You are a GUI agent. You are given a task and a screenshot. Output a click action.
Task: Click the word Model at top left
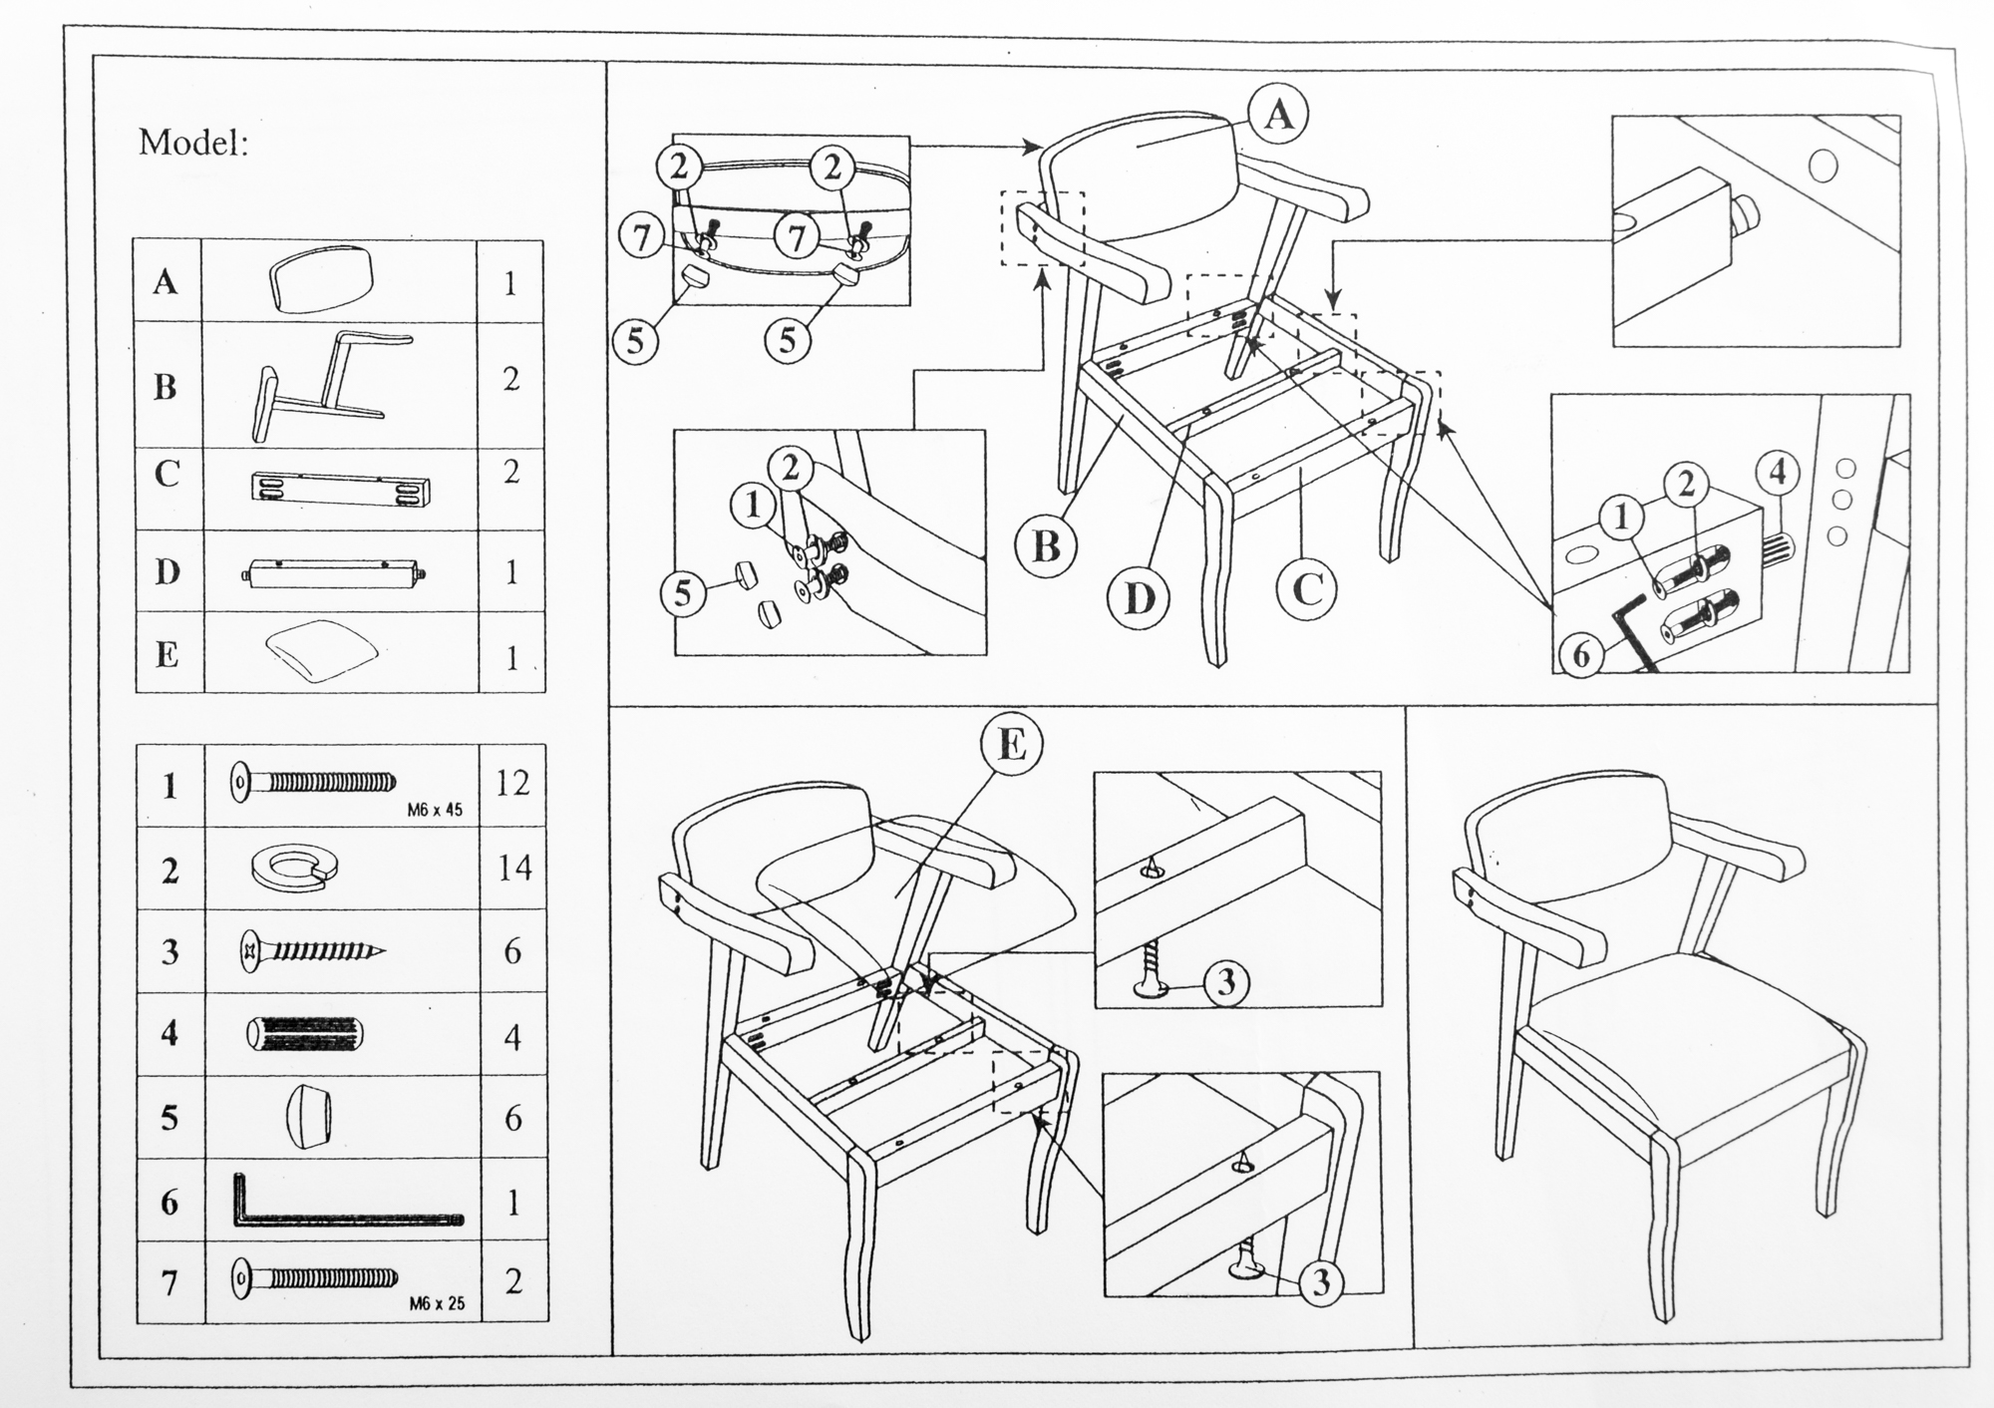pyautogui.click(x=191, y=143)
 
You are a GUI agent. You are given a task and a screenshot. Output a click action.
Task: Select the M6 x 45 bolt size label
pyautogui.click(x=435, y=811)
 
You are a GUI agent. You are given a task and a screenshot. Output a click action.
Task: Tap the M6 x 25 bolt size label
pyautogui.click(x=437, y=1303)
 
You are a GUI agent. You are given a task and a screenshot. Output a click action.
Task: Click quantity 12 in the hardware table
pyautogui.click(x=511, y=784)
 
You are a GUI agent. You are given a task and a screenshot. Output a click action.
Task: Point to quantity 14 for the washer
pyautogui.click(x=513, y=868)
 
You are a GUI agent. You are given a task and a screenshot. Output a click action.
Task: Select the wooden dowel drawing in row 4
pyautogui.click(x=306, y=1035)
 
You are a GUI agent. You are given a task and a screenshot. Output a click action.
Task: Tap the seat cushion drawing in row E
pyautogui.click(x=321, y=649)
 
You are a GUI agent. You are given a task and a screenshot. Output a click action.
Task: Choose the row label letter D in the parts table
pyautogui.click(x=167, y=572)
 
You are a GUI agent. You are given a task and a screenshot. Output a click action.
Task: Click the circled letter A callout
pyautogui.click(x=1278, y=116)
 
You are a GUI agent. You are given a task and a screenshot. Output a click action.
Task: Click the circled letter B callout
pyautogui.click(x=1045, y=546)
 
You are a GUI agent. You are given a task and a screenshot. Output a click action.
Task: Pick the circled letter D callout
pyautogui.click(x=1139, y=599)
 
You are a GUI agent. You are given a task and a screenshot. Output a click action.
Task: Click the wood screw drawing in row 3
pyautogui.click(x=311, y=951)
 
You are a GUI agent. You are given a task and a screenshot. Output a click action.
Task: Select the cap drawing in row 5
pyautogui.click(x=307, y=1118)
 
